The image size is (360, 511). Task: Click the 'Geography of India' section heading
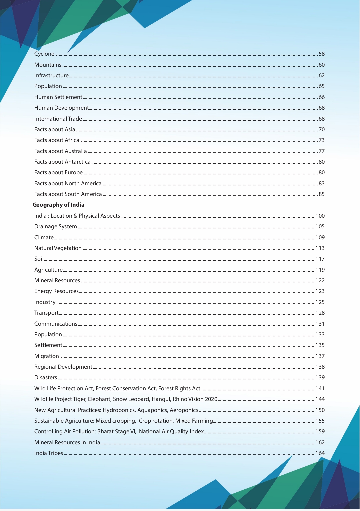point(58,205)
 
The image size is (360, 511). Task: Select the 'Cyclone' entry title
point(44,54)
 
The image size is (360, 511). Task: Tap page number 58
point(322,54)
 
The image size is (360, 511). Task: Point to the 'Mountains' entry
point(48,65)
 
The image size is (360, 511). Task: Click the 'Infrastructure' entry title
point(51,76)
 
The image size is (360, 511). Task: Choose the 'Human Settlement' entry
point(58,97)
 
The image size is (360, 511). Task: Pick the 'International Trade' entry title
point(58,119)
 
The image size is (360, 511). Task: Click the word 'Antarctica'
point(78,162)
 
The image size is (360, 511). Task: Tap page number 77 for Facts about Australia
point(322,151)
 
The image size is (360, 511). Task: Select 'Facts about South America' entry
point(68,194)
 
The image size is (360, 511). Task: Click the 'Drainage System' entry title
point(55,227)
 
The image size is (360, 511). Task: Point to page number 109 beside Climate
point(320,237)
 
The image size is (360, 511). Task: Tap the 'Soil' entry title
point(39,259)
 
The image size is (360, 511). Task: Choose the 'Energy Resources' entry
point(56,291)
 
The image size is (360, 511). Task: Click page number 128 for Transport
point(320,313)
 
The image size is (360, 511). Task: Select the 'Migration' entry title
point(46,356)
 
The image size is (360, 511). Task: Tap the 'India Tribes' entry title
point(49,453)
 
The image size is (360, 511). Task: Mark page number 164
point(320,453)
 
